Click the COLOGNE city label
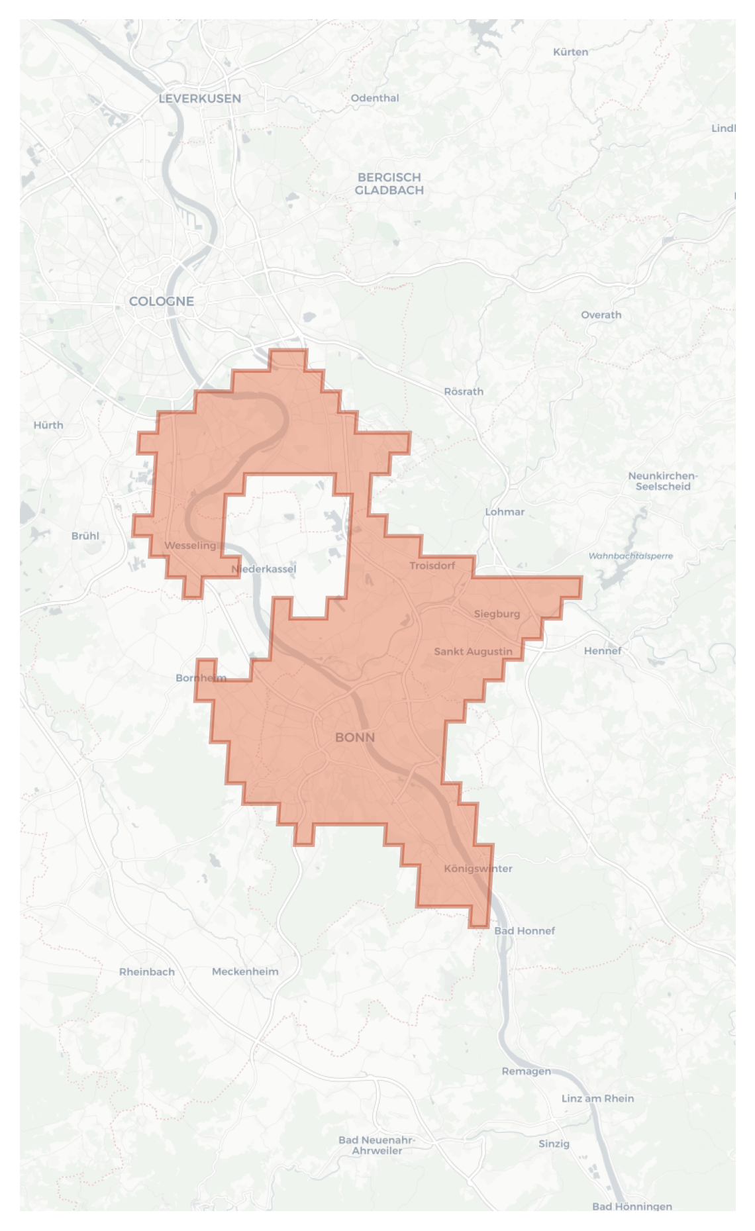point(162,301)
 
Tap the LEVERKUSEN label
point(200,99)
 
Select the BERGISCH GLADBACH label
point(389,183)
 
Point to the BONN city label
point(355,738)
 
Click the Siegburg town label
point(497,614)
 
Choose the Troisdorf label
point(432,566)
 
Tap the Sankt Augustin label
point(473,652)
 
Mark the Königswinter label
point(478,869)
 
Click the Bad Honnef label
point(525,931)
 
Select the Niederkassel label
point(264,569)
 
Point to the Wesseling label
point(190,546)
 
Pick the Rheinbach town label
point(147,972)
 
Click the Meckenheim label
point(245,972)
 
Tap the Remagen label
point(526,1071)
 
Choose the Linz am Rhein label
point(597,1099)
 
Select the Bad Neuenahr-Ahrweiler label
point(377,1146)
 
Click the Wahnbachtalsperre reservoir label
point(630,556)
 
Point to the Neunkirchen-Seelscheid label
point(663,481)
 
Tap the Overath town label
point(601,315)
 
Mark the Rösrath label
point(464,392)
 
